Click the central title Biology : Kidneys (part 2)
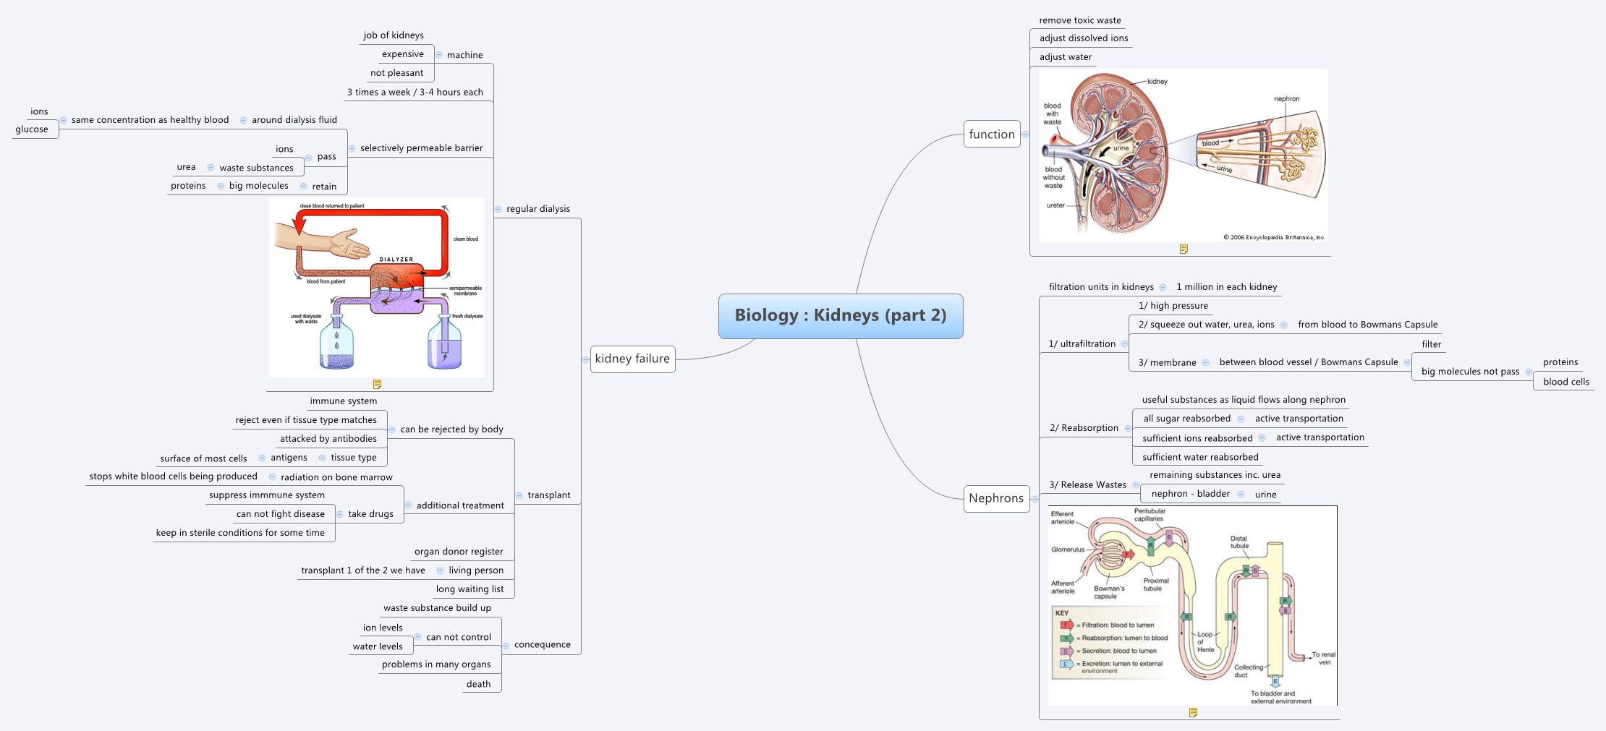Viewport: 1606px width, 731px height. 840,315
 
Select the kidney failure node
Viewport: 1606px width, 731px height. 632,359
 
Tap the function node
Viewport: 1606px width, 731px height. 991,134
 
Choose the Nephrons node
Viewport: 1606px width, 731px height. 995,498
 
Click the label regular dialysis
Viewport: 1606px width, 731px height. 538,209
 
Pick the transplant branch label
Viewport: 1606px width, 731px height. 548,495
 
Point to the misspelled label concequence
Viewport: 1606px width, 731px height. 542,645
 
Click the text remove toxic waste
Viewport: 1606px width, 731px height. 1079,20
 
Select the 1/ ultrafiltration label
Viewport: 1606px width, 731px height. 1082,344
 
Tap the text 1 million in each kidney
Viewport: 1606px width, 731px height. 1226,287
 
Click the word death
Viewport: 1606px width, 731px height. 478,684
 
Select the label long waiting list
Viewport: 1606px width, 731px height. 470,589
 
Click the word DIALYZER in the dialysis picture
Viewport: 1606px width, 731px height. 396,259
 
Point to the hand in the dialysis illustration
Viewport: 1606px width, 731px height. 350,244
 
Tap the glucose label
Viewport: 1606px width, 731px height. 32,129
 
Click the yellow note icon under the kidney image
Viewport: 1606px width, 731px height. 1184,249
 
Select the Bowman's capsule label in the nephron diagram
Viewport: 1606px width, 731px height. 1108,592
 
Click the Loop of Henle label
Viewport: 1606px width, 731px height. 1205,642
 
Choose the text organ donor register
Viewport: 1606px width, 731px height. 459,552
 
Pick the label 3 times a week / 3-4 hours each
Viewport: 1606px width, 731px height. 415,93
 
